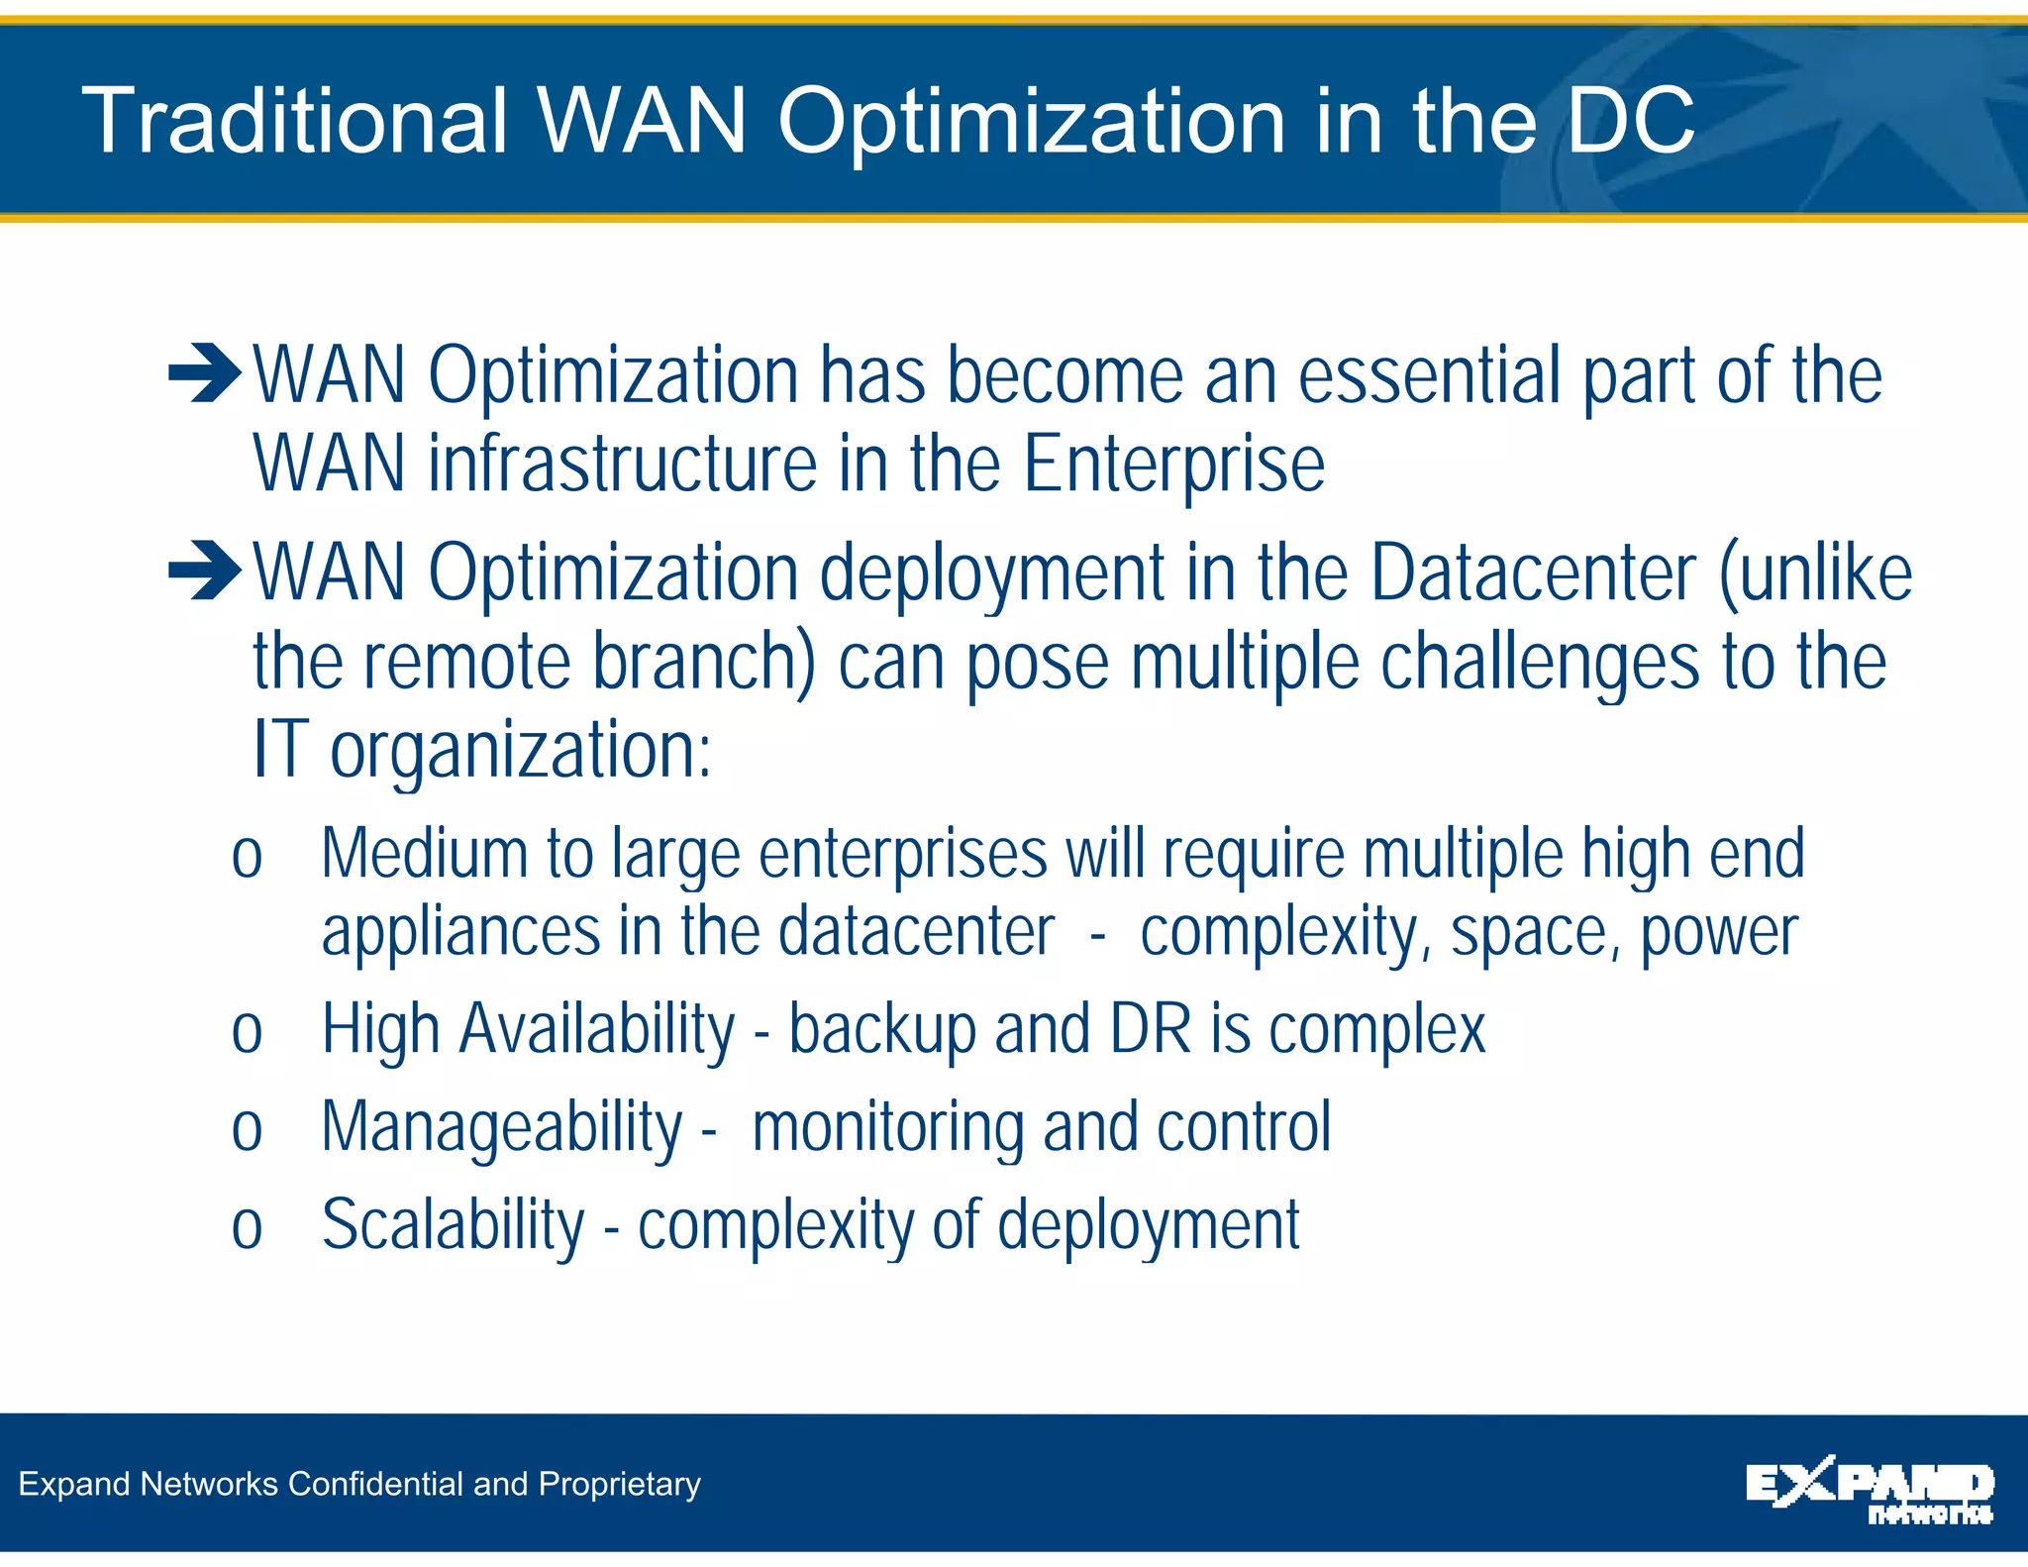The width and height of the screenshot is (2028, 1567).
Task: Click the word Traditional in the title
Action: click(295, 121)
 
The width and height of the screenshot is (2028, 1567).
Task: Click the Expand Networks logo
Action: click(1870, 1491)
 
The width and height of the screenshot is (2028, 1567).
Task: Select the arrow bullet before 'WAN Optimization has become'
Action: click(204, 374)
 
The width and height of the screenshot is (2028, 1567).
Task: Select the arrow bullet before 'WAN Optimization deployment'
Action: click(204, 571)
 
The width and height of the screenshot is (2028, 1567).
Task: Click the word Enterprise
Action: click(1173, 465)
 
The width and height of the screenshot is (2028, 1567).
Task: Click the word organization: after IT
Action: click(520, 751)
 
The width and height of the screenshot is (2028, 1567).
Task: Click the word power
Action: click(1719, 933)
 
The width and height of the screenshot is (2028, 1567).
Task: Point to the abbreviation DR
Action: click(1150, 1029)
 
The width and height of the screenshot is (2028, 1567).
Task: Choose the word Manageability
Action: click(502, 1128)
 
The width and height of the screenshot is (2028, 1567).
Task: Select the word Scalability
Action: click(454, 1225)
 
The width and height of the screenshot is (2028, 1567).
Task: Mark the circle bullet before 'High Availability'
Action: click(247, 1033)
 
